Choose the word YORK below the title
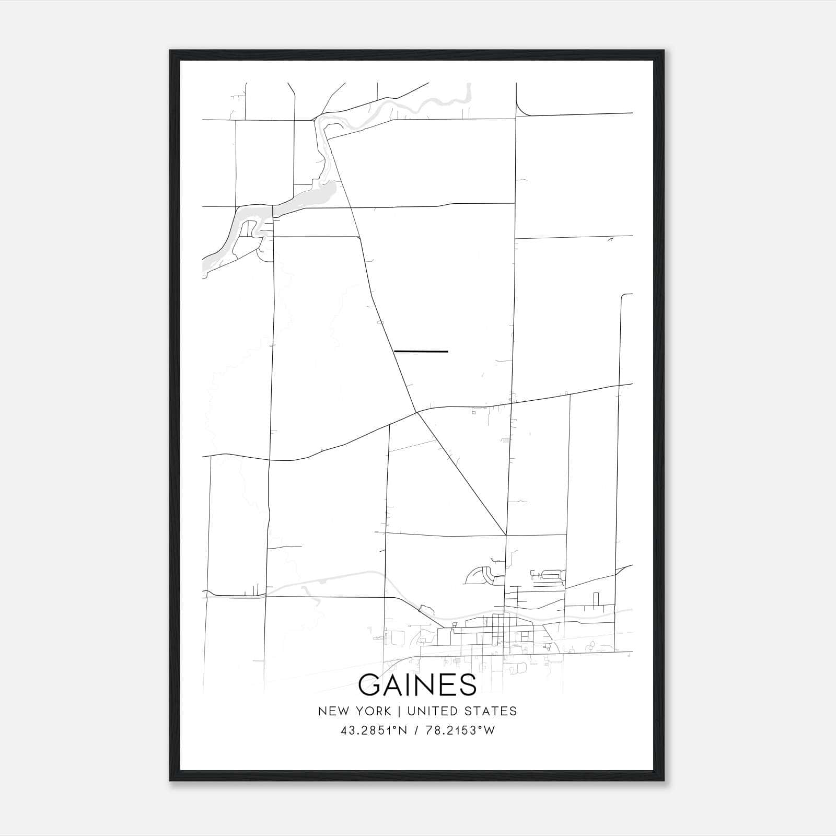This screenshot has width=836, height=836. coord(372,711)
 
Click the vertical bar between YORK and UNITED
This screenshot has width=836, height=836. coord(399,711)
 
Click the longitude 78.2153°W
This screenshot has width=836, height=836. coord(460,730)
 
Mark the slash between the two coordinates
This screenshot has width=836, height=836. coord(416,730)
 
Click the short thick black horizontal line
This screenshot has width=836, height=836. coord(421,352)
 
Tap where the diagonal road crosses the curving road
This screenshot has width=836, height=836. coord(417,412)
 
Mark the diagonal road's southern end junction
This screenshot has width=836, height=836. coord(506,535)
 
